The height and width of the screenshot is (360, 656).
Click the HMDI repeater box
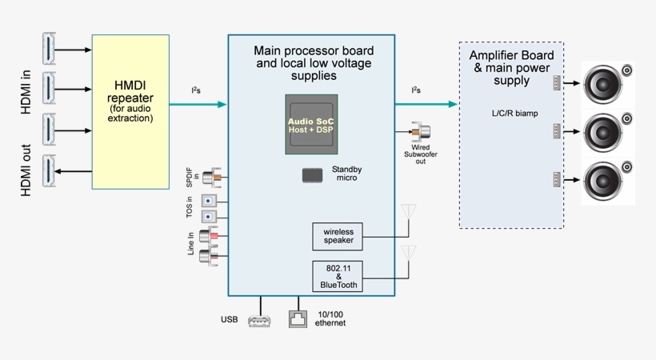(x=130, y=111)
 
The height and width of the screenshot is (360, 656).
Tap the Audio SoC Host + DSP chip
(x=311, y=124)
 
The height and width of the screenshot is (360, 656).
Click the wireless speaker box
(x=338, y=236)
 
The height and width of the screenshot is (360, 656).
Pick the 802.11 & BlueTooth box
(x=338, y=276)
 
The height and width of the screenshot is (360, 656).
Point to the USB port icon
(x=260, y=321)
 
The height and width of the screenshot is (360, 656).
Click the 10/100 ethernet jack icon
(x=299, y=319)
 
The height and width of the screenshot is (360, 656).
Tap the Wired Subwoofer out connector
(x=420, y=132)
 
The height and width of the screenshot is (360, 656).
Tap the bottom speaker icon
(x=606, y=180)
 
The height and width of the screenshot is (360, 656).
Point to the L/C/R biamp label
(x=514, y=114)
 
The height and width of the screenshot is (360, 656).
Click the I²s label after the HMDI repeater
(x=196, y=90)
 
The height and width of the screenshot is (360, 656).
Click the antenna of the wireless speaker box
(x=409, y=214)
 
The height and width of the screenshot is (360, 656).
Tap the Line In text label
(x=191, y=244)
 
